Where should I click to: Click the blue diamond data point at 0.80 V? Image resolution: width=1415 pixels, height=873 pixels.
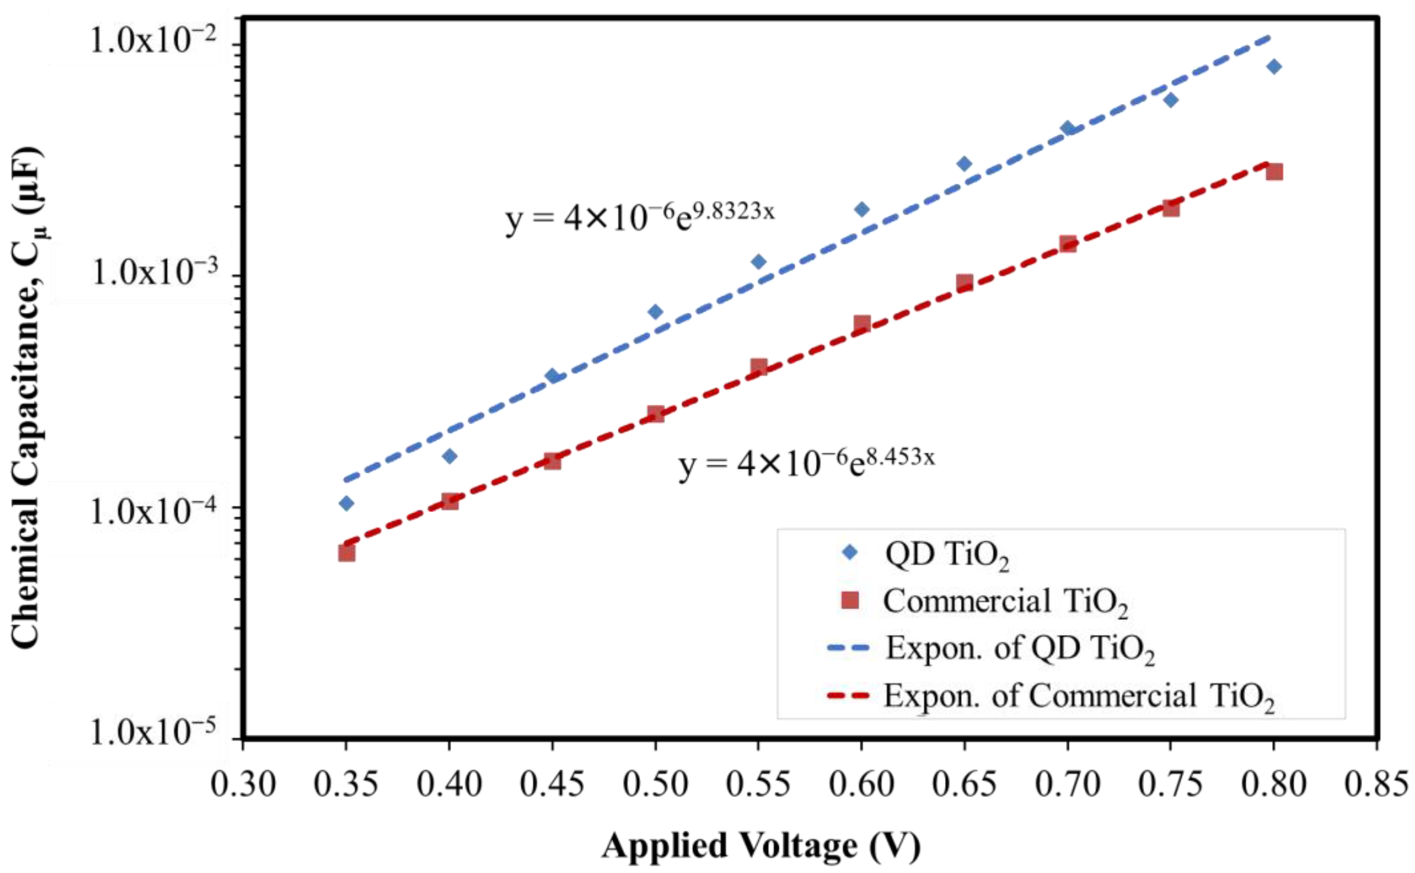pos(1274,67)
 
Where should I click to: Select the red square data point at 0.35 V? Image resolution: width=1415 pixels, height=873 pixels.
pos(346,553)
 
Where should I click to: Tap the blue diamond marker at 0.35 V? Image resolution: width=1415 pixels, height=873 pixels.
pos(346,503)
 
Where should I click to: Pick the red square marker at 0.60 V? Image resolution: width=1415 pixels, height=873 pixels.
pos(861,323)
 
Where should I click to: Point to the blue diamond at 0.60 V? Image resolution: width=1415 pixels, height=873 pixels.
pos(861,209)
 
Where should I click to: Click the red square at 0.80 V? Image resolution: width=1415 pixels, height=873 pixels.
pos(1274,172)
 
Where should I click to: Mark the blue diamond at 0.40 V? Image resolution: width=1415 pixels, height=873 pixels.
pos(449,456)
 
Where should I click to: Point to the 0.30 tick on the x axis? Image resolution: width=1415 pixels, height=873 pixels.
pos(243,785)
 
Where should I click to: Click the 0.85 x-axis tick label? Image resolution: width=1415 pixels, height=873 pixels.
pos(1377,785)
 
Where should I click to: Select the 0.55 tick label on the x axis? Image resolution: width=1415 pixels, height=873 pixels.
pos(758,785)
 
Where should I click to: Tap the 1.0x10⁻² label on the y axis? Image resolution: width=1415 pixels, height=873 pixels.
pos(153,42)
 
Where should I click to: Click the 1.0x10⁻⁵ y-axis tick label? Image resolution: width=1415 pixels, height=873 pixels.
pos(153,733)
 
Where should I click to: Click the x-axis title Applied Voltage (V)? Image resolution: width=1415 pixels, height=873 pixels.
pos(760,846)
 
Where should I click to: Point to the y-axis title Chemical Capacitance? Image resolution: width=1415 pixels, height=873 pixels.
pos(28,399)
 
